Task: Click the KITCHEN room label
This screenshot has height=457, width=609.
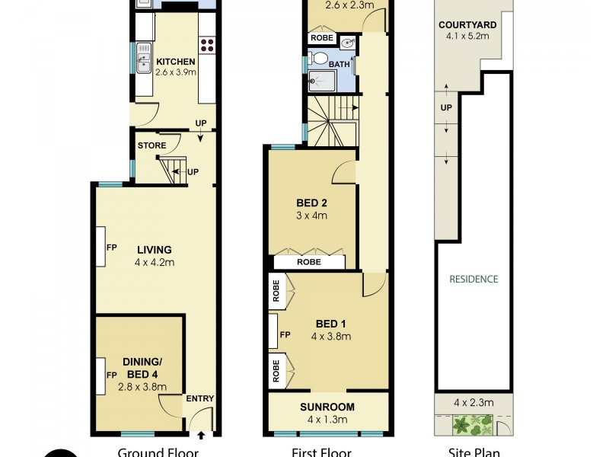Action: click(x=176, y=62)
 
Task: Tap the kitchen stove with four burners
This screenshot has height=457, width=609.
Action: click(x=208, y=44)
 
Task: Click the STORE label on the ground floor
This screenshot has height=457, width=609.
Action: click(x=151, y=145)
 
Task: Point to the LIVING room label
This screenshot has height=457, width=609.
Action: click(x=155, y=249)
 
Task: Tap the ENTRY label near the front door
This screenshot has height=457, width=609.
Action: click(x=200, y=398)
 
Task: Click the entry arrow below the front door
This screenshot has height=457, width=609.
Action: click(x=202, y=436)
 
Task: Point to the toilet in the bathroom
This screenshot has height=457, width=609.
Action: click(x=320, y=59)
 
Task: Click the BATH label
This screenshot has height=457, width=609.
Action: click(x=340, y=65)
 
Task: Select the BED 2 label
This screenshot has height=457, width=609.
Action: click(x=311, y=203)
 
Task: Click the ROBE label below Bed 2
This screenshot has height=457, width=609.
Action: click(x=309, y=261)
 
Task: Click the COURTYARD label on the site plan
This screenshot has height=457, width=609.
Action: click(x=467, y=24)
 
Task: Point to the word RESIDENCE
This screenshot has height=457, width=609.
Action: click(x=473, y=279)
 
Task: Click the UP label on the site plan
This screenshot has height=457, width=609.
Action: click(x=446, y=107)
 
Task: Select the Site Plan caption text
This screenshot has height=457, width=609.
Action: click(x=468, y=452)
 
